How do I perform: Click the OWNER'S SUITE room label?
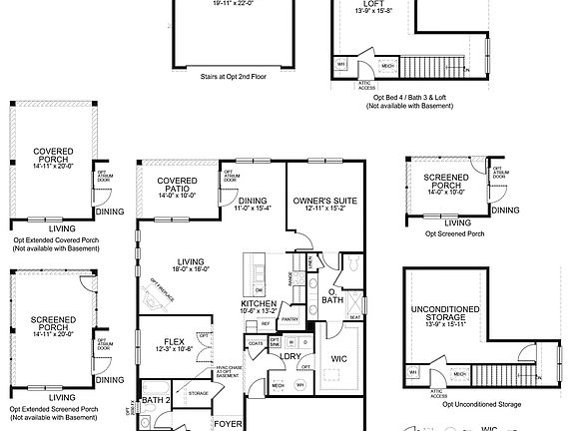[x=319, y=202]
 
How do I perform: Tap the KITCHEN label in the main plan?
[x=258, y=303]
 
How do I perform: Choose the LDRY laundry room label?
[x=290, y=355]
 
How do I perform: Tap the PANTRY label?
[x=290, y=319]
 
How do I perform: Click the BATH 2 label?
[x=156, y=400]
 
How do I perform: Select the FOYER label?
[x=229, y=424]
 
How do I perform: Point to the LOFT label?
[x=345, y=4]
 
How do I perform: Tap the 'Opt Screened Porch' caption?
[x=455, y=233]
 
